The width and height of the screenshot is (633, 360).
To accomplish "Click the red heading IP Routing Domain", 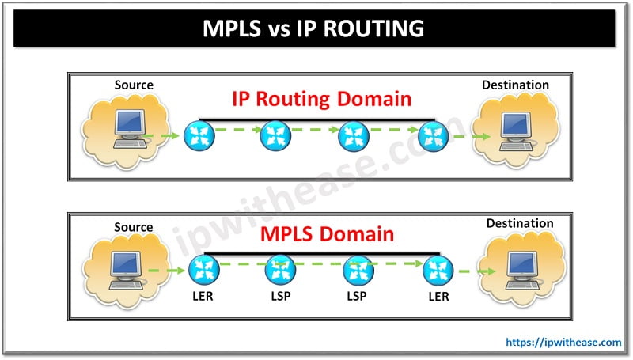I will pos(321,99).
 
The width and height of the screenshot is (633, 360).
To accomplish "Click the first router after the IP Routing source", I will pos(199,135).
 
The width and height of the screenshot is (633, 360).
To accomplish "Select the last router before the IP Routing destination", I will pos(432,135).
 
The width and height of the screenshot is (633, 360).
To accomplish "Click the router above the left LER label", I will pos(201,272).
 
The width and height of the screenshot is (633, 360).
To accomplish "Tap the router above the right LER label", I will pos(437,272).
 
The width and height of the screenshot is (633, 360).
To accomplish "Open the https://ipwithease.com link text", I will pos(563,343).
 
